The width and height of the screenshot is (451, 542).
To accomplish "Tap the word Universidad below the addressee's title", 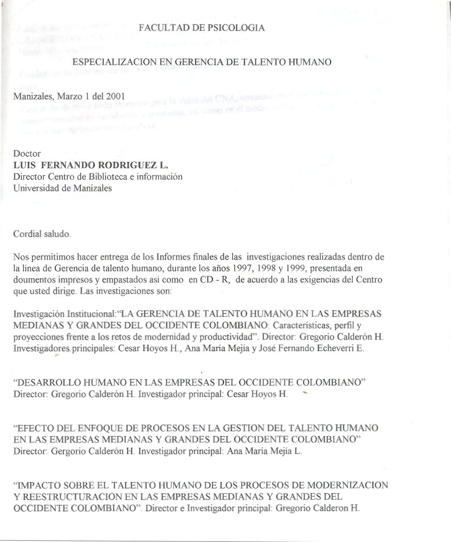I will [35, 187].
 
